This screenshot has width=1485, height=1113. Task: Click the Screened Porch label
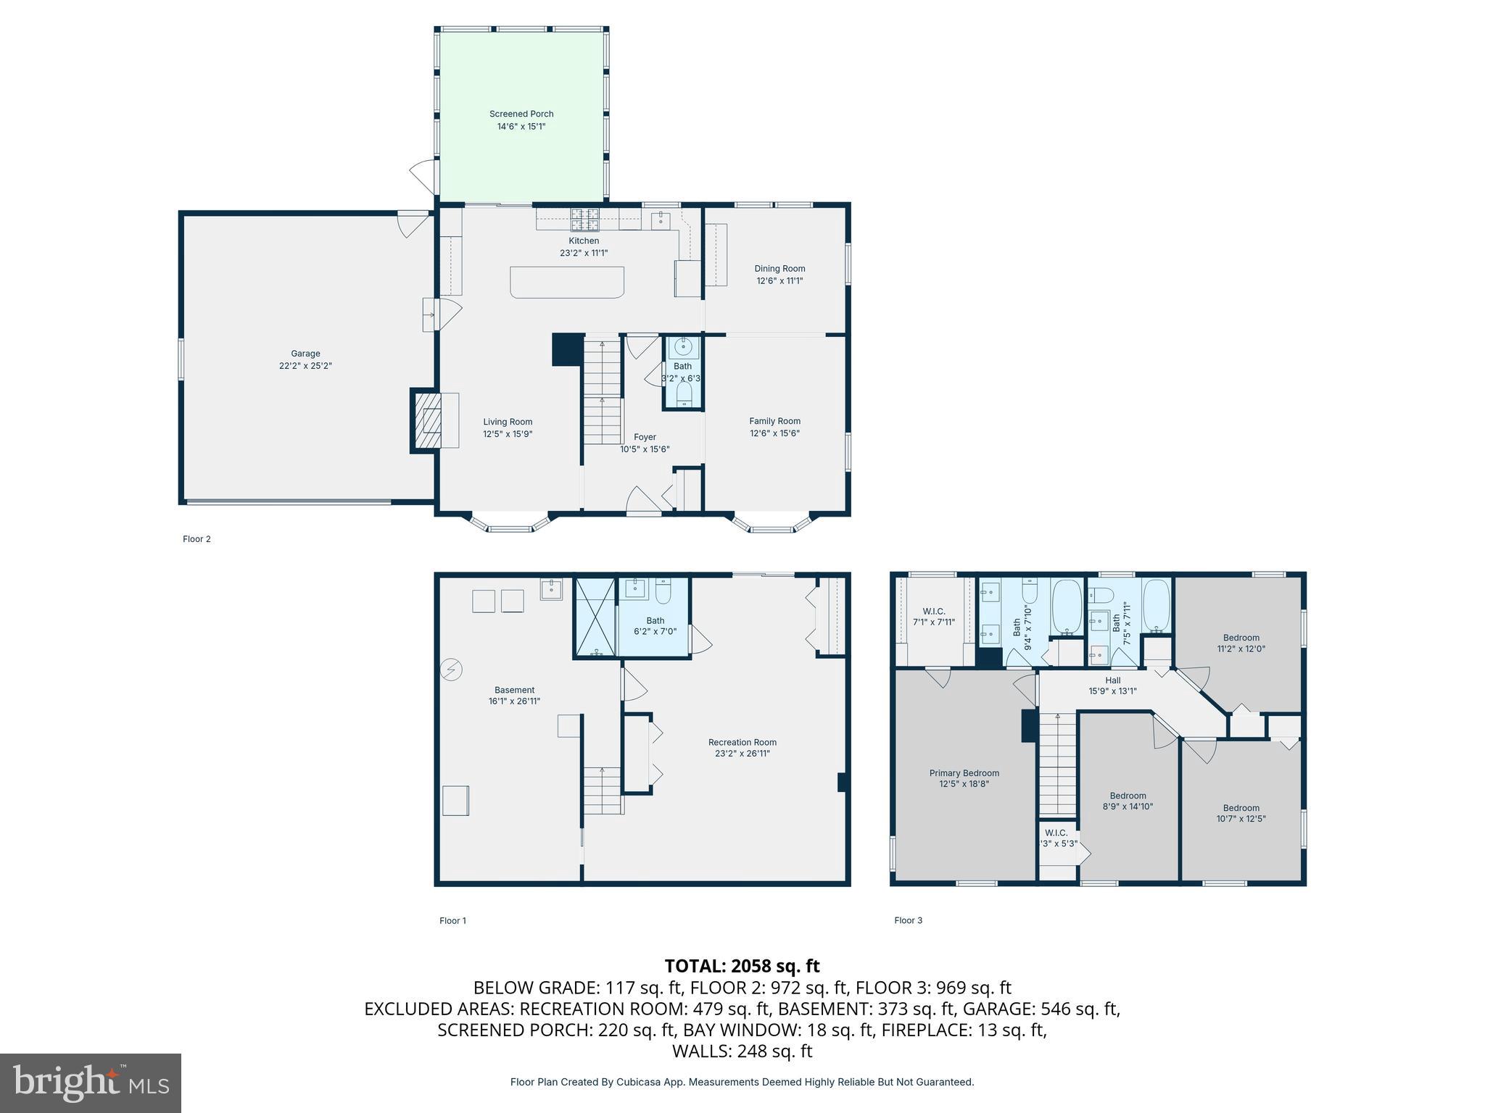[x=521, y=114]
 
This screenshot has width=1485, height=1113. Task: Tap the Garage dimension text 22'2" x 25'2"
[x=305, y=366]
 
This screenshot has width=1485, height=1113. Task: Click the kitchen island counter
[x=566, y=282]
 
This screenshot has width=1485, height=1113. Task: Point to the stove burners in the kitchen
[x=584, y=218]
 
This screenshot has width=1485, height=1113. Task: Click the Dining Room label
[x=779, y=268]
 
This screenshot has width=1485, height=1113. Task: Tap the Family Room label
[x=774, y=421]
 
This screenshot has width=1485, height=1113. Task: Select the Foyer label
[x=645, y=437]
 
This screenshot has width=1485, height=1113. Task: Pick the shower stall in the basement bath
[x=595, y=617]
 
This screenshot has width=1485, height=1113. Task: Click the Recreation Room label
[x=742, y=742]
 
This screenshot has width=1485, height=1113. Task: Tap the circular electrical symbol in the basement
[x=451, y=670]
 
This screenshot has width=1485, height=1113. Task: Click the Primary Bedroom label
[x=964, y=773]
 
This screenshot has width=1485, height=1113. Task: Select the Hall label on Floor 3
[x=1112, y=680]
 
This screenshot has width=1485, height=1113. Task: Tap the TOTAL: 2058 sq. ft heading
[x=742, y=966]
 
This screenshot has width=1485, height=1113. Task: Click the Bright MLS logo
[x=91, y=1083]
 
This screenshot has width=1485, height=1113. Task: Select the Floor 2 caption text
[x=197, y=539]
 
